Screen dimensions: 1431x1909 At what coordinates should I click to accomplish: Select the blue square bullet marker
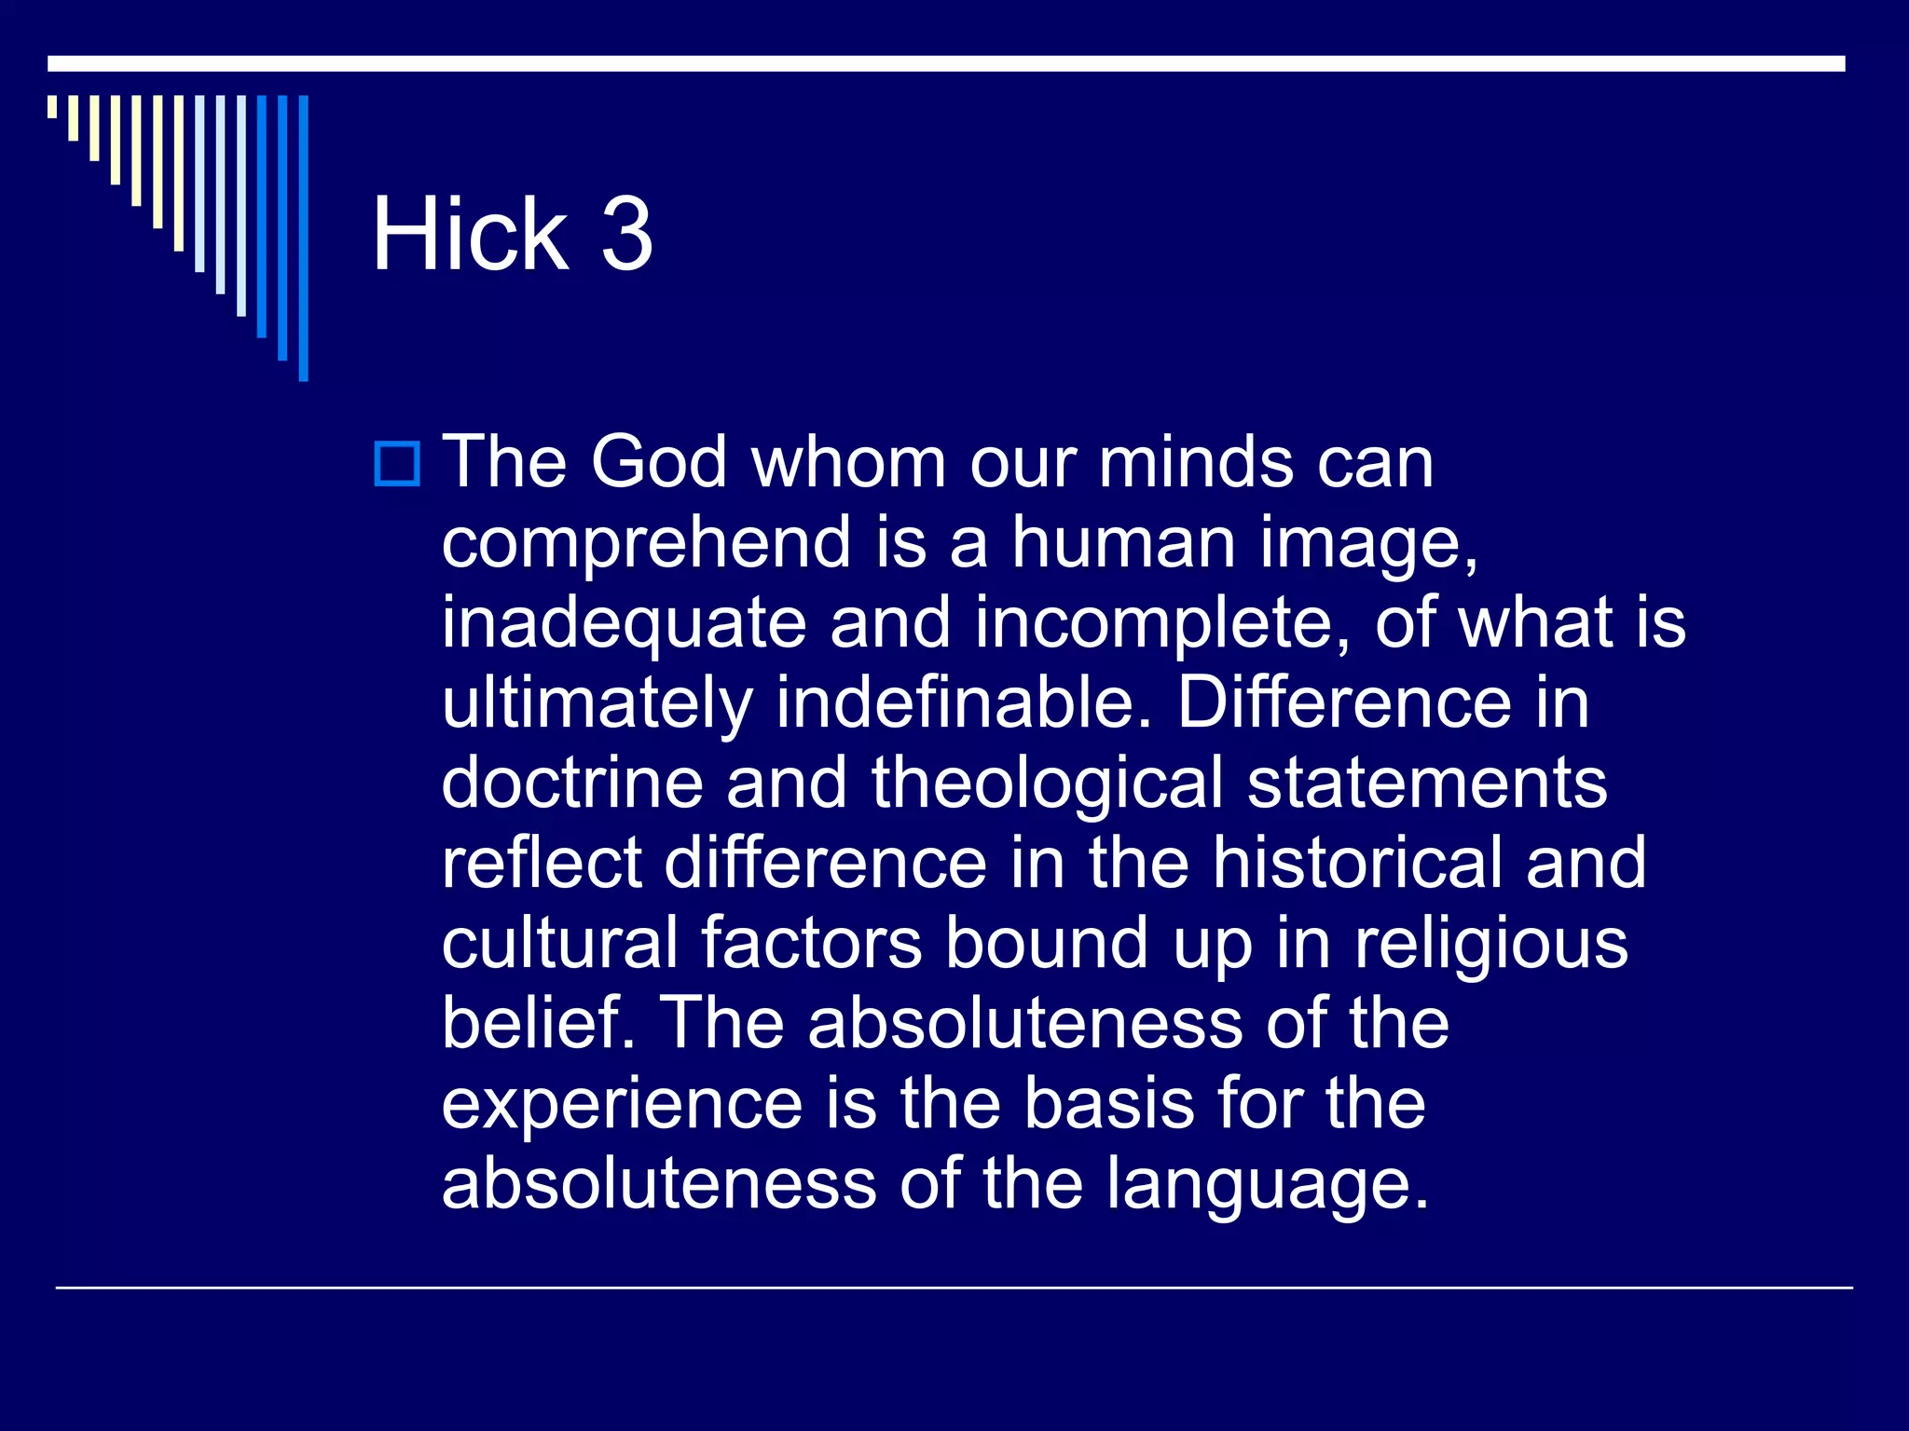coord(397,463)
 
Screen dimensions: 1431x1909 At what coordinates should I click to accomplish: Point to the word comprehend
coord(646,543)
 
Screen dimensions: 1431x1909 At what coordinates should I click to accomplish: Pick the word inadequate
coord(624,622)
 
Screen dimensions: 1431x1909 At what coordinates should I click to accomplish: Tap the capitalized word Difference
coord(1344,702)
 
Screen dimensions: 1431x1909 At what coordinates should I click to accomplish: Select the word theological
coord(1047,783)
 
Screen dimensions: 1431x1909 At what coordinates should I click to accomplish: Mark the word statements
coord(1427,783)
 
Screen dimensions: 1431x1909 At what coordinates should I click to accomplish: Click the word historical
coord(1356,863)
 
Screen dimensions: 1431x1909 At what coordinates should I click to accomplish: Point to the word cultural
coord(559,943)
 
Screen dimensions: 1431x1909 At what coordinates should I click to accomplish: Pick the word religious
coord(1490,945)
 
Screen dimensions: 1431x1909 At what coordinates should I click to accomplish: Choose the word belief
coord(538,1023)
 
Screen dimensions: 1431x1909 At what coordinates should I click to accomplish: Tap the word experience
coord(622,1105)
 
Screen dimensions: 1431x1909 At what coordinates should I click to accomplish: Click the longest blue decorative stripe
coord(303,238)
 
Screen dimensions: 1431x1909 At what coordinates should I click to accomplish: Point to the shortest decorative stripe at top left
coord(52,106)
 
